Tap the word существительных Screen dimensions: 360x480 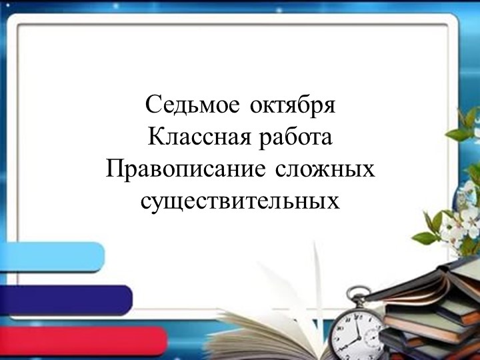[x=240, y=200]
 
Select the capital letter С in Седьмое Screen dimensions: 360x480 [x=151, y=105]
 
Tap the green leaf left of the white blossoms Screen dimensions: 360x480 [x=425, y=236]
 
